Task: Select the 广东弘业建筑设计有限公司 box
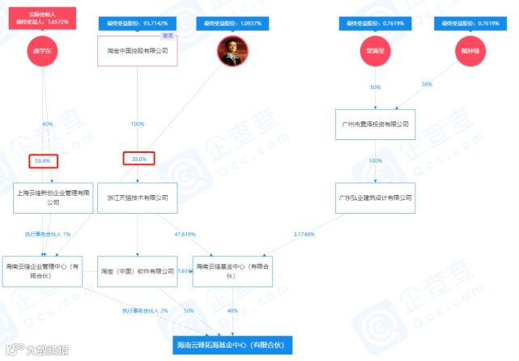374,197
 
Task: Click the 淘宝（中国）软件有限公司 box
137,270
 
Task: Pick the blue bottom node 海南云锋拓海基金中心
233,346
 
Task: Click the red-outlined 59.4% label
43,160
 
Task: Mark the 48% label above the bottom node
232,310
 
